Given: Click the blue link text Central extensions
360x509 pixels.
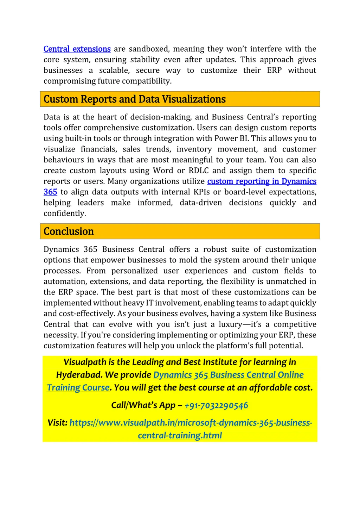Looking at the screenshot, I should [77, 49].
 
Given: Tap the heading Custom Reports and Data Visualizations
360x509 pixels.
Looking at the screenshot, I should [135, 99].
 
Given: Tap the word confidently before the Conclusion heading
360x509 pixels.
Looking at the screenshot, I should [64, 213].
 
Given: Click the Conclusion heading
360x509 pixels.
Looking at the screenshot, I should [69, 231].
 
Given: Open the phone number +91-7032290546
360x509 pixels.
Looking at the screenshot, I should [216, 405].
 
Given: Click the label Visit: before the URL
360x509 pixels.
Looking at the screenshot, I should [57, 423].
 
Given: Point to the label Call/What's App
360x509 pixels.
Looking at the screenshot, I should [143, 405].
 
